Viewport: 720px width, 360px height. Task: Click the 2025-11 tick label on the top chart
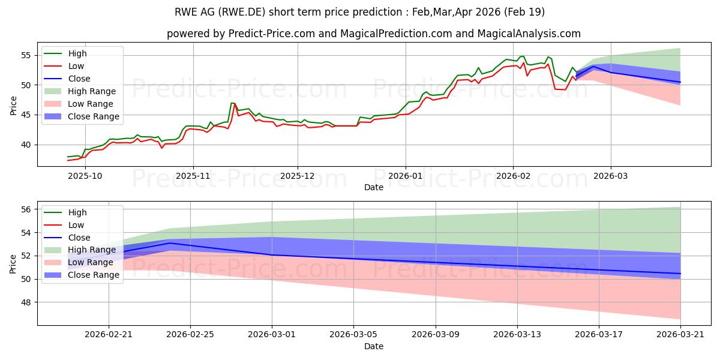click(193, 176)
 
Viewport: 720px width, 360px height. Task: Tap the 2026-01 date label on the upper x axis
click(406, 176)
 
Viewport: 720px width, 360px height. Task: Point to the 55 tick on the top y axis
click(26, 56)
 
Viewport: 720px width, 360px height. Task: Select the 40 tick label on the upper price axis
click(26, 145)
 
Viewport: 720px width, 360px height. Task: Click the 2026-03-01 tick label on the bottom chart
click(272, 335)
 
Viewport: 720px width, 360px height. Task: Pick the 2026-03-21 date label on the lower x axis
click(680, 335)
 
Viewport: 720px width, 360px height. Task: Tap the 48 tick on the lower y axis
click(26, 302)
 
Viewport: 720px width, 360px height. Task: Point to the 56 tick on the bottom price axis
click(26, 209)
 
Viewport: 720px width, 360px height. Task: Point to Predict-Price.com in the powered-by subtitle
click(272, 34)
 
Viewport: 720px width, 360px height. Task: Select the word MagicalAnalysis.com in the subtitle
click(529, 34)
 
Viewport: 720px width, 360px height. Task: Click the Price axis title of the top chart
click(13, 106)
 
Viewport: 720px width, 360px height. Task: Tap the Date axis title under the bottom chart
click(373, 346)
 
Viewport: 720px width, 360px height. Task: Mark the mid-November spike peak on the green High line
click(232, 103)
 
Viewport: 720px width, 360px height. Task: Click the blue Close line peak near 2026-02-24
click(170, 243)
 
